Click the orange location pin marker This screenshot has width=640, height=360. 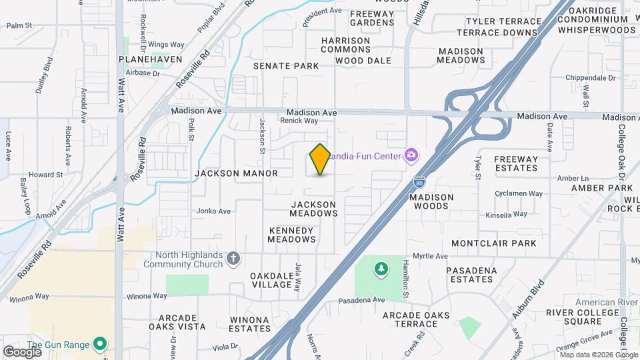coord(320,159)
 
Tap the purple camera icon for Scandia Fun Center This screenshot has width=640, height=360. coord(411,155)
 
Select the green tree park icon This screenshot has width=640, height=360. coord(381,269)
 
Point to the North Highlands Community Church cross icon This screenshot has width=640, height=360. coord(233,258)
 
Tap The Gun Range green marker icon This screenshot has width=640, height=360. coord(100,344)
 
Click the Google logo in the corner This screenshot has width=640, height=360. coord(22,351)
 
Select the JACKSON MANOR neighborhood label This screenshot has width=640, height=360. coord(236,173)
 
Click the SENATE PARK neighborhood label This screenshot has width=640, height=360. coord(286,66)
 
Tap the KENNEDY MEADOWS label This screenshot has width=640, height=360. coord(291,235)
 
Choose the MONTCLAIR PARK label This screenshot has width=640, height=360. coord(493,243)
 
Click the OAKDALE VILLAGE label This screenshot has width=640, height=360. coord(272,280)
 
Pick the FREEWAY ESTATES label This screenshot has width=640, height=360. coord(516,163)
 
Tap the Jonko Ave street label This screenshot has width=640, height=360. coord(213,211)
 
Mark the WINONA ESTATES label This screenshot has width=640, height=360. coord(249,324)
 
